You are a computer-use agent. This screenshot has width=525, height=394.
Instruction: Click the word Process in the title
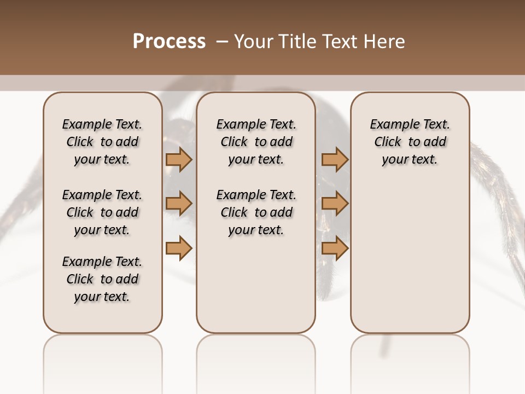click(169, 42)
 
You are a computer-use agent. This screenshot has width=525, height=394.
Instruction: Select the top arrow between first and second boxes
click(179, 159)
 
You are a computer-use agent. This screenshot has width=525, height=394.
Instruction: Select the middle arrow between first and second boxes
click(179, 204)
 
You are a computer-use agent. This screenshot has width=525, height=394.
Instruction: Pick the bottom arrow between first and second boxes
click(179, 248)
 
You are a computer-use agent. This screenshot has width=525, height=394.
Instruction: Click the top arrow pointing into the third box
click(335, 159)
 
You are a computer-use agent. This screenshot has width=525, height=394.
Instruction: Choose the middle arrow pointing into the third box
click(335, 204)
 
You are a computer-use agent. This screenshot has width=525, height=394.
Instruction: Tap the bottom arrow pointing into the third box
click(335, 248)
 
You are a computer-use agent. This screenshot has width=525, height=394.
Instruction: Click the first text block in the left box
click(102, 142)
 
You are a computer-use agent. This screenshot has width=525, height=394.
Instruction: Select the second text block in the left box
click(102, 212)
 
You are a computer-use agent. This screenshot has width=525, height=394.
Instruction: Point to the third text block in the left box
click(102, 279)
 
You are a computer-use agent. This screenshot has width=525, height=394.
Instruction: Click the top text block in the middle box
click(256, 142)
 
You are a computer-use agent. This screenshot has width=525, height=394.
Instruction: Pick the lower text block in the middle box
click(256, 212)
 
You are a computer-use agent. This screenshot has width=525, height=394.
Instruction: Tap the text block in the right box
click(410, 142)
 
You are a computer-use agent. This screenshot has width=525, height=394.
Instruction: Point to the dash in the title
click(222, 42)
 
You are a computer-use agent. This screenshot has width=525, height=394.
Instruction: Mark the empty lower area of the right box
click(410, 257)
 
